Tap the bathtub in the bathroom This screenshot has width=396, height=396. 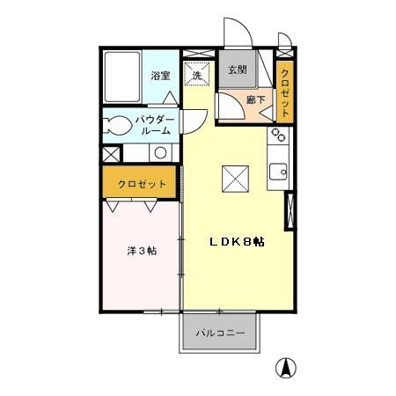pos(122,78)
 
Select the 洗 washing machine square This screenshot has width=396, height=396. pos(197,75)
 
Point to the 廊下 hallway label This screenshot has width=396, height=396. pos(255,99)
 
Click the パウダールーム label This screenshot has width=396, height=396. pos(155,124)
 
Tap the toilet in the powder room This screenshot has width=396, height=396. pos(116,125)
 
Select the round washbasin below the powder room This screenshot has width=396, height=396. pos(160,153)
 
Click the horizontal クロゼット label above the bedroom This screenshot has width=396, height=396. pos(143,184)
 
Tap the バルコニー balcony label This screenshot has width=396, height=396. pos(220,333)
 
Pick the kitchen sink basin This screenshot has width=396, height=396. pos(279,172)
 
